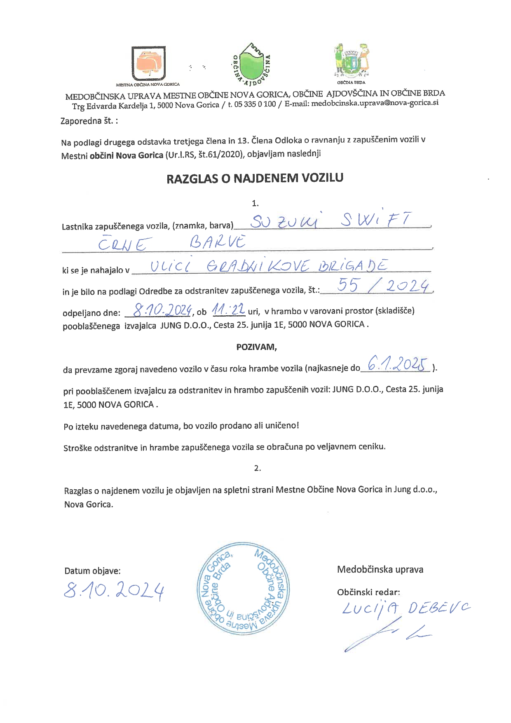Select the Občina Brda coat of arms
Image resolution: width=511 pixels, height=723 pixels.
point(351,61)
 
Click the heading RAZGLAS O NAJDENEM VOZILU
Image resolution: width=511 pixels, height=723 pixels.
point(255,178)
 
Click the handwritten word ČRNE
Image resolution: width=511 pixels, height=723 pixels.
point(122,244)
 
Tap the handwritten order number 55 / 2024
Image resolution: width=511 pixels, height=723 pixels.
point(383,286)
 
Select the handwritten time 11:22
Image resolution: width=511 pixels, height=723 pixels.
point(228,309)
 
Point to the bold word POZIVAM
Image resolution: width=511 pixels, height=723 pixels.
point(256,347)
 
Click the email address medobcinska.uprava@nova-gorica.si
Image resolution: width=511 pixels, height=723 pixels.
point(375,103)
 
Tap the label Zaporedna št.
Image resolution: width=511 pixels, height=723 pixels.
point(89,121)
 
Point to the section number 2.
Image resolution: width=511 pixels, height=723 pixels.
point(258,468)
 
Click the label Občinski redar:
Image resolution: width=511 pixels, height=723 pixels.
point(368,592)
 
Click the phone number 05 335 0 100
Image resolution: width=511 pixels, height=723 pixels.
point(255,104)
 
